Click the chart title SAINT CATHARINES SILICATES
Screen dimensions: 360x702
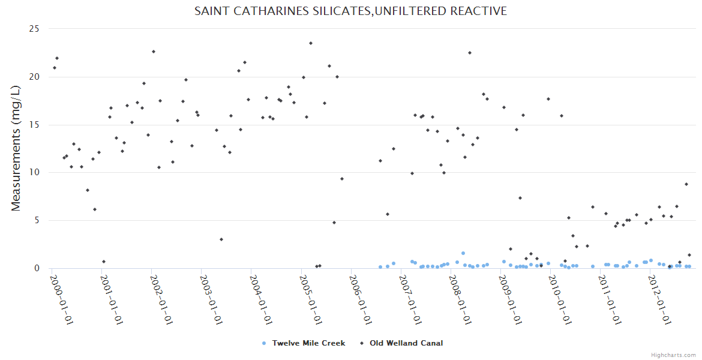click(350, 11)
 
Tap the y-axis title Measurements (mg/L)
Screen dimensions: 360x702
click(16, 148)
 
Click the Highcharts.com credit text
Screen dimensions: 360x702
click(673, 355)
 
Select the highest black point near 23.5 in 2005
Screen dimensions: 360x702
click(311, 43)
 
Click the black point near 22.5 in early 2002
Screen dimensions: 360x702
click(154, 52)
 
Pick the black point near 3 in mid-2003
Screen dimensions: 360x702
click(221, 239)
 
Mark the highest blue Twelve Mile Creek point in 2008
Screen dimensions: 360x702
click(463, 253)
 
